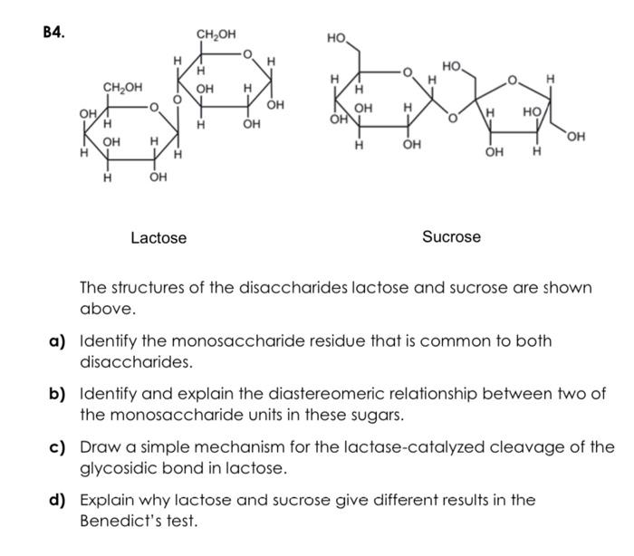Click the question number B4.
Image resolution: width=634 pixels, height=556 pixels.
click(x=53, y=31)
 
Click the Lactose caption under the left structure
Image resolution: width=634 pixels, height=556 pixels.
click(x=158, y=238)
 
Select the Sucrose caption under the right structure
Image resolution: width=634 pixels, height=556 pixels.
click(x=451, y=236)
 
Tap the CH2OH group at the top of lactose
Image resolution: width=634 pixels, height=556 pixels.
click(x=216, y=34)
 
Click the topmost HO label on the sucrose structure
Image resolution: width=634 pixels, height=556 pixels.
click(x=336, y=39)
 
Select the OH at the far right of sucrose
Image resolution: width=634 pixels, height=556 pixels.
click(x=575, y=137)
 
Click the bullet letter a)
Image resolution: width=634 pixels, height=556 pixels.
click(x=59, y=342)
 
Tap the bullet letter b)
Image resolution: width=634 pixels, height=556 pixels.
click(x=59, y=395)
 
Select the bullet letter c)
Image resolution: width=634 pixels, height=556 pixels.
click(x=59, y=447)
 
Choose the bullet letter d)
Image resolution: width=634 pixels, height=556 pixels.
click(x=59, y=500)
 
